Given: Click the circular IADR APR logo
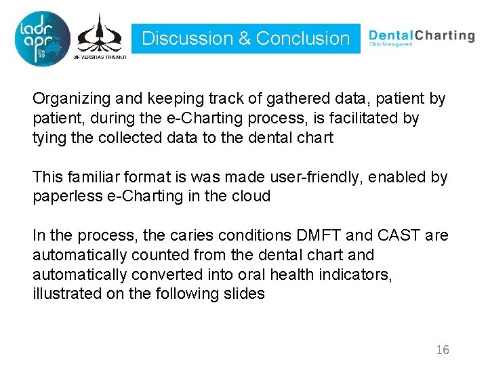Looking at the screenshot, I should coord(41,38).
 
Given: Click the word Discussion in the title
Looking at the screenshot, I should coord(186,39).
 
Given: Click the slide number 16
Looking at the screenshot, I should coord(443,350).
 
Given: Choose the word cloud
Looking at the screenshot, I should coord(251,197).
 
